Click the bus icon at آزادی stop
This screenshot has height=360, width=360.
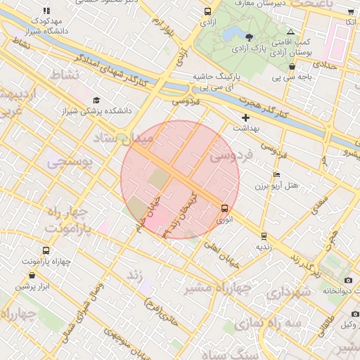(207, 12)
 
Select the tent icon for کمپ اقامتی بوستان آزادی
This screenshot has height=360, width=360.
(291, 32)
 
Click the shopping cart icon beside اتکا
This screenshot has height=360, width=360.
(351, 12)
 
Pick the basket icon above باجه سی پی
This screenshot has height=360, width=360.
(292, 67)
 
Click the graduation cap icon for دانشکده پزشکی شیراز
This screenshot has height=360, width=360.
(96, 101)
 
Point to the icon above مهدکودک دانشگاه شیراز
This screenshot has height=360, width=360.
(47, 11)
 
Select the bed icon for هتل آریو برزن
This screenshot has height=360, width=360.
(276, 174)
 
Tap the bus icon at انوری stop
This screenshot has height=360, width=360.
(224, 208)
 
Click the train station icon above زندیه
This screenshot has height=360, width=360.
(264, 236)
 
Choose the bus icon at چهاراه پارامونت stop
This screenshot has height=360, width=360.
(46, 251)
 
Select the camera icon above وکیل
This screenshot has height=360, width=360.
(355, 314)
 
